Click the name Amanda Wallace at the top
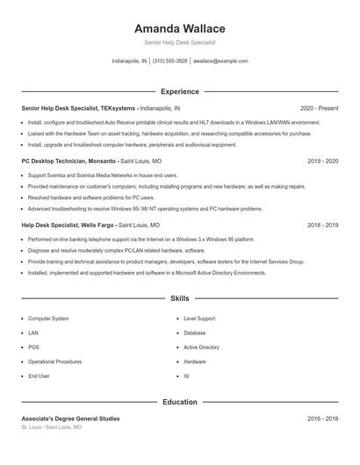(x=179, y=29)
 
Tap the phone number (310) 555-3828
(x=169, y=61)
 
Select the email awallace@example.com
(x=220, y=61)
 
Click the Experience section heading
(x=179, y=91)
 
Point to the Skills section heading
(x=179, y=299)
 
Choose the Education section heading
(x=179, y=402)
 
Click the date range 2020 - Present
(x=319, y=108)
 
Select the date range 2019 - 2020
(x=322, y=161)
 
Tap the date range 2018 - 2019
(x=322, y=225)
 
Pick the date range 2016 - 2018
(x=322, y=418)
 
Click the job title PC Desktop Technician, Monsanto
(x=68, y=161)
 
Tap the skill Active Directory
(x=201, y=347)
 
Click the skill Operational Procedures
(x=54, y=361)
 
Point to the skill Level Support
(x=199, y=318)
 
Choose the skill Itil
(x=187, y=376)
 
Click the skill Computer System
(x=48, y=318)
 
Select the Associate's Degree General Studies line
(x=70, y=418)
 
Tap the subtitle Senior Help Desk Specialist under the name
(x=179, y=42)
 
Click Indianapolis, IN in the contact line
(x=129, y=61)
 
